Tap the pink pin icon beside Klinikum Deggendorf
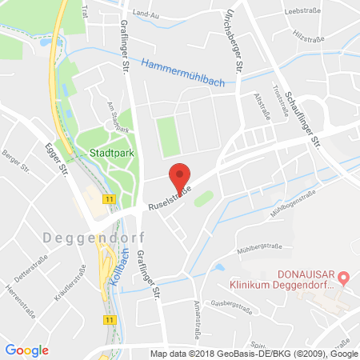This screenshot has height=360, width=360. [343, 278]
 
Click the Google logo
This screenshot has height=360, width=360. [26, 350]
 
